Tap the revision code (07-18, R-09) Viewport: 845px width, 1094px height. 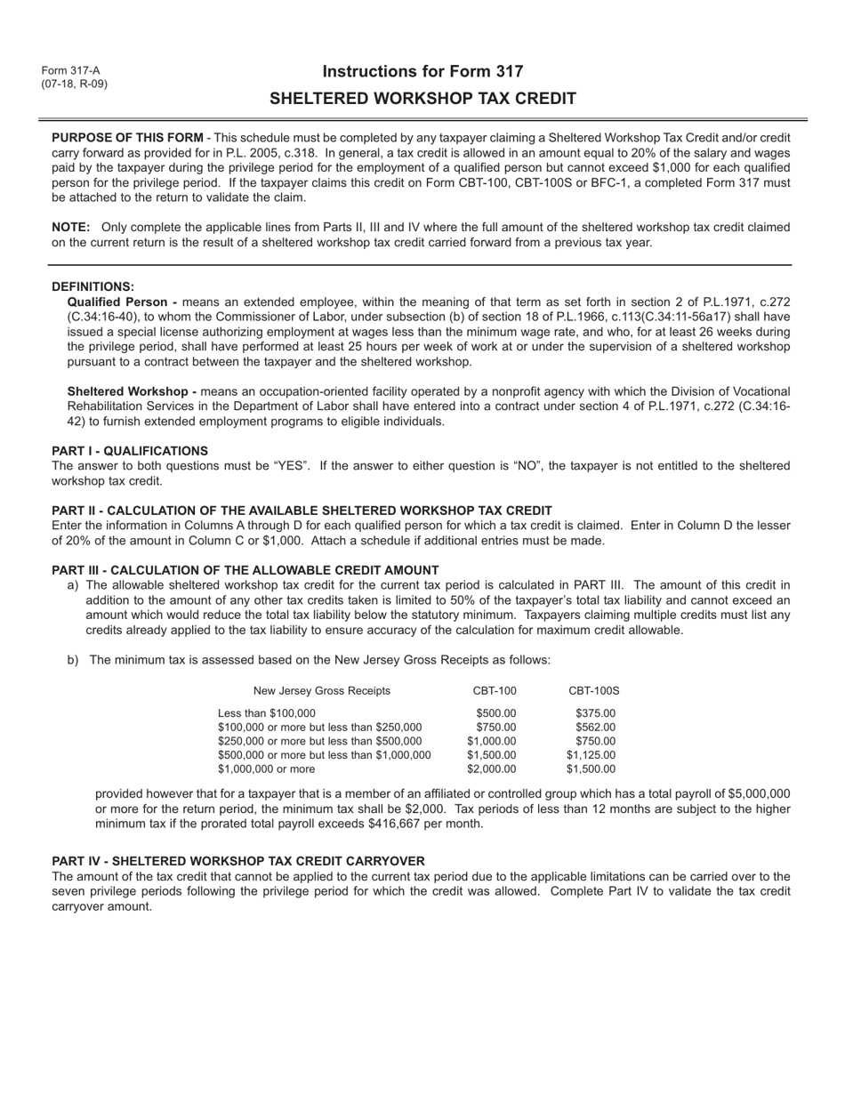(x=74, y=84)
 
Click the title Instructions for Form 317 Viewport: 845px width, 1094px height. (x=422, y=72)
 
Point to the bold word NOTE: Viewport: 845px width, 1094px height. (x=69, y=228)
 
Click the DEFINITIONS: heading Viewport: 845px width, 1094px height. (x=93, y=286)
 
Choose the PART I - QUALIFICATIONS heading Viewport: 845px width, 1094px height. (x=130, y=451)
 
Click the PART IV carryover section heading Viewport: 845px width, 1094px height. (x=238, y=861)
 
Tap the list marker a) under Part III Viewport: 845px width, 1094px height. (x=73, y=585)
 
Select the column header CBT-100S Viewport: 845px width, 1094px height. (x=594, y=691)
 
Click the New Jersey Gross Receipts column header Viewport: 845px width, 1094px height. (x=321, y=691)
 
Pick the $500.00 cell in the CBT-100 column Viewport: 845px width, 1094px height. (x=495, y=712)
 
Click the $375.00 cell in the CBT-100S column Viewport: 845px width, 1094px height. (x=595, y=712)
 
